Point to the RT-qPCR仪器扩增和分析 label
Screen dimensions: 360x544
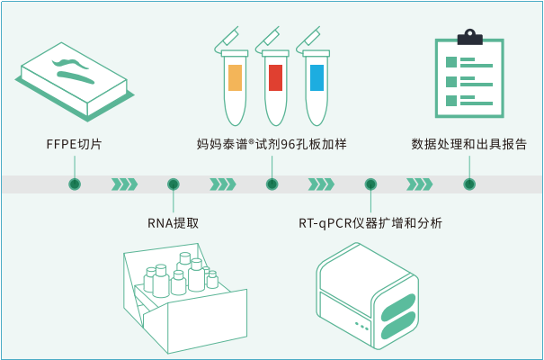(370, 223)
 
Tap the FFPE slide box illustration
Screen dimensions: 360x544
(71, 81)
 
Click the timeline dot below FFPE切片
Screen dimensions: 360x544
(75, 184)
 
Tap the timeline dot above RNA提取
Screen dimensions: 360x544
(173, 184)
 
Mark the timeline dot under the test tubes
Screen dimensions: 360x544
(272, 184)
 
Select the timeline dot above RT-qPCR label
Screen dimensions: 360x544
(370, 184)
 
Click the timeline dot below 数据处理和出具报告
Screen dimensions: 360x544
(468, 184)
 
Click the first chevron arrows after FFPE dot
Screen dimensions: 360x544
(124, 184)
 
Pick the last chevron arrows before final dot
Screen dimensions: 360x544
(419, 184)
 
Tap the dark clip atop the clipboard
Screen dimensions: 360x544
(469, 38)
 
